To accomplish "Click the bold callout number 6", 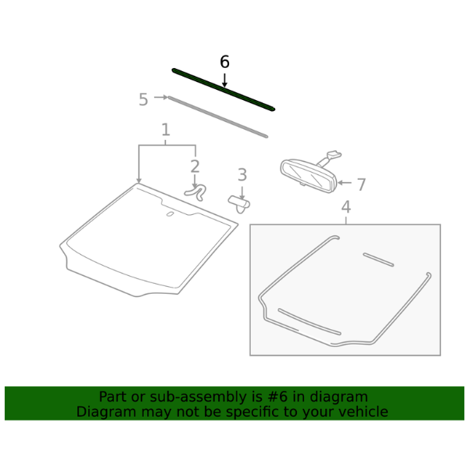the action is click(224, 62).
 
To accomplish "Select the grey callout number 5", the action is click(144, 99).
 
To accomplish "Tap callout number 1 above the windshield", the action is click(166, 130).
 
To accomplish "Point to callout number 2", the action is click(195, 166).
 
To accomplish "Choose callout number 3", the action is click(242, 174).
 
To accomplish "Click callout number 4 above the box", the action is click(346, 206).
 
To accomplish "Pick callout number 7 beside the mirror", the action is click(362, 184).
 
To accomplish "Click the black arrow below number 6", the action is click(224, 81).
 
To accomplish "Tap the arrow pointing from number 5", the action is click(161, 97).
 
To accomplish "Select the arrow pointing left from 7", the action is click(344, 182).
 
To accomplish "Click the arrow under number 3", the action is click(242, 192).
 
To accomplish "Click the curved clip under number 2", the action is click(196, 192).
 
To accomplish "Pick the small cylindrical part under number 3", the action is click(239, 203).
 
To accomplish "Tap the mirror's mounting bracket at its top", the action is click(334, 155).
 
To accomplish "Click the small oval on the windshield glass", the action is click(170, 214).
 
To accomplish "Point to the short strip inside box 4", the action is click(378, 260).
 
